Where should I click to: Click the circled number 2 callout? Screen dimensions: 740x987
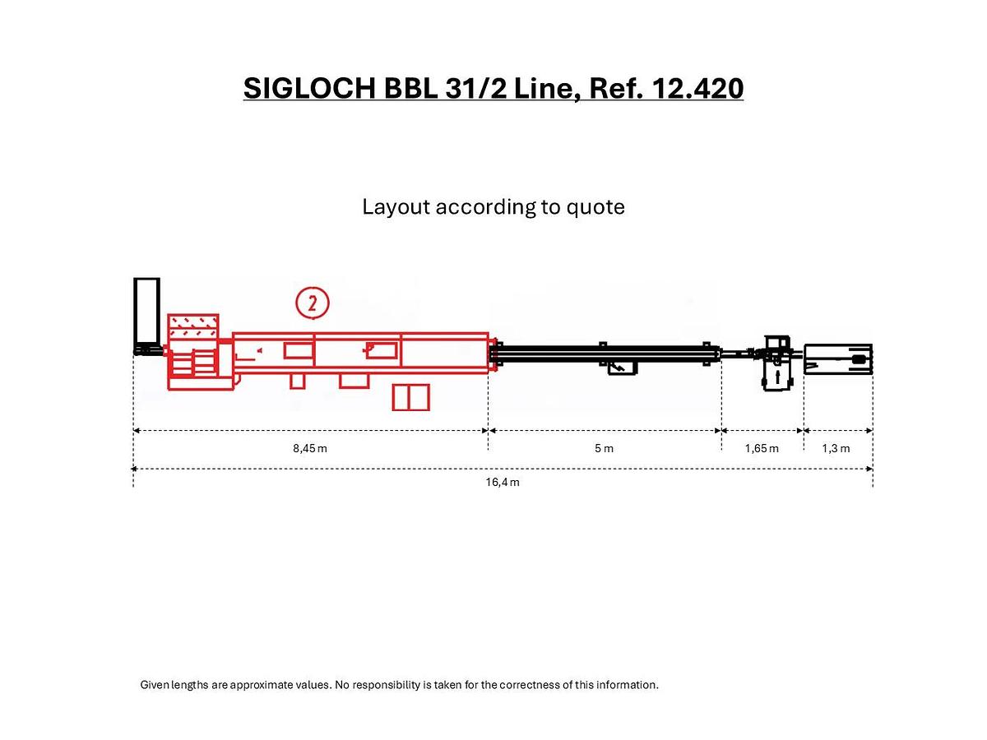pos(313,303)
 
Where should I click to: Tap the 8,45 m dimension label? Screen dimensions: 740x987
pos(310,448)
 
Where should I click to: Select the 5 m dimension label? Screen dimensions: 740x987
pos(604,448)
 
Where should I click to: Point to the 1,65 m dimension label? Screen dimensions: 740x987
pos(762,448)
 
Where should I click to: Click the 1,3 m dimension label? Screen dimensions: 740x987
pos(836,448)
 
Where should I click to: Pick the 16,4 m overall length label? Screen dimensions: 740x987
pos(502,482)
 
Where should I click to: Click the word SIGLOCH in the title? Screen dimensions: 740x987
pos(310,87)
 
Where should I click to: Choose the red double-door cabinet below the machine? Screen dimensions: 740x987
pos(411,396)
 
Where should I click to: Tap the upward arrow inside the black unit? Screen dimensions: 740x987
pos(776,377)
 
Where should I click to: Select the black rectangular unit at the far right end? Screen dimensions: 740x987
pos(837,359)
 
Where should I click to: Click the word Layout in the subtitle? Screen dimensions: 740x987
pos(396,206)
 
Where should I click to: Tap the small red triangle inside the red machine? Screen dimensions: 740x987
pos(258,351)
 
